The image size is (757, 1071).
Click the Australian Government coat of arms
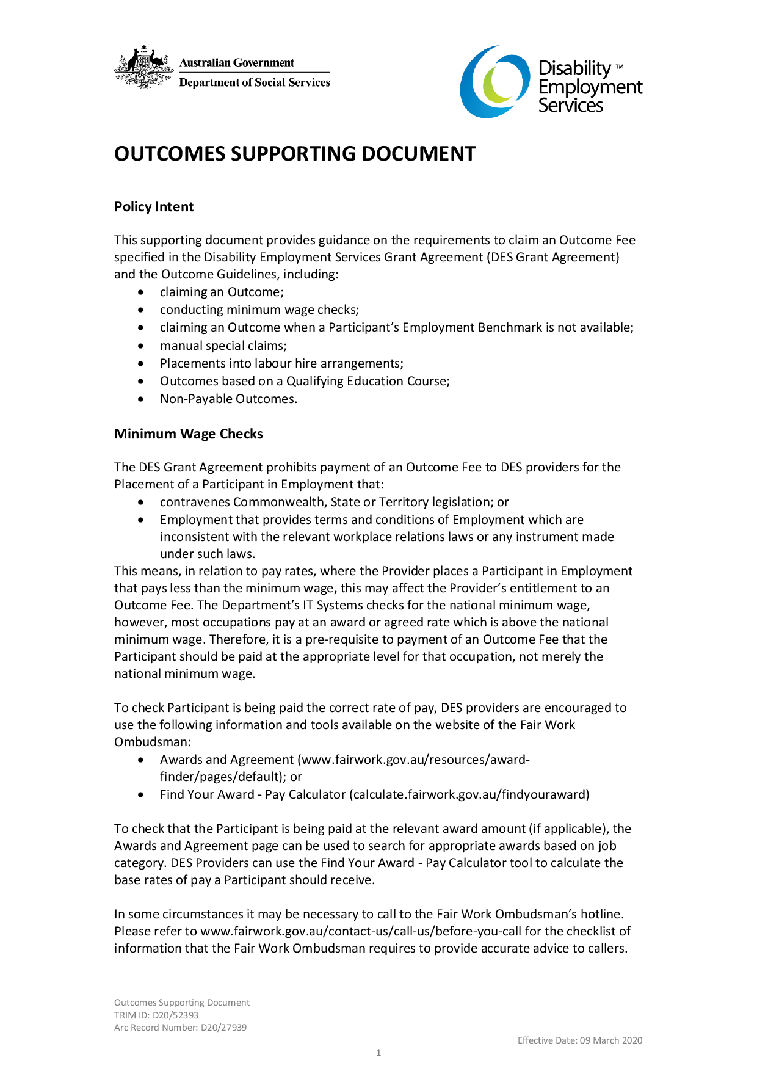click(x=144, y=67)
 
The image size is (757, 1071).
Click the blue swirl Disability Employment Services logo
click(x=494, y=82)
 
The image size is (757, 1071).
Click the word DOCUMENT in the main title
click(x=418, y=154)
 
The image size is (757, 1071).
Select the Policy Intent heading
click(x=154, y=207)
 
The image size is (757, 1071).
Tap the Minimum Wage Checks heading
click(x=189, y=434)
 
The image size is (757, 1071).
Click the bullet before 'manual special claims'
click(x=142, y=346)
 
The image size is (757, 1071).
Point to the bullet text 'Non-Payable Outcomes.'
click(x=228, y=399)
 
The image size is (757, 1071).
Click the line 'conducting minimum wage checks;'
click(x=259, y=310)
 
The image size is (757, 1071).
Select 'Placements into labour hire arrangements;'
click(x=281, y=364)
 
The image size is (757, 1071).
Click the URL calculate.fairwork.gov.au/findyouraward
click(x=469, y=795)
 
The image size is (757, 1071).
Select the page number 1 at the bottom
click(x=378, y=1053)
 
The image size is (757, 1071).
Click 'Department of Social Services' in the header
click(x=255, y=83)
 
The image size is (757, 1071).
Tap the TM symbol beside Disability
click(x=619, y=67)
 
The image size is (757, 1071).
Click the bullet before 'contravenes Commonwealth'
click(x=142, y=503)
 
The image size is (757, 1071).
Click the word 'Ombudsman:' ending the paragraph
click(x=153, y=742)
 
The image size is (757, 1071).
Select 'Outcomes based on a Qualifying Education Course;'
click(x=305, y=382)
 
